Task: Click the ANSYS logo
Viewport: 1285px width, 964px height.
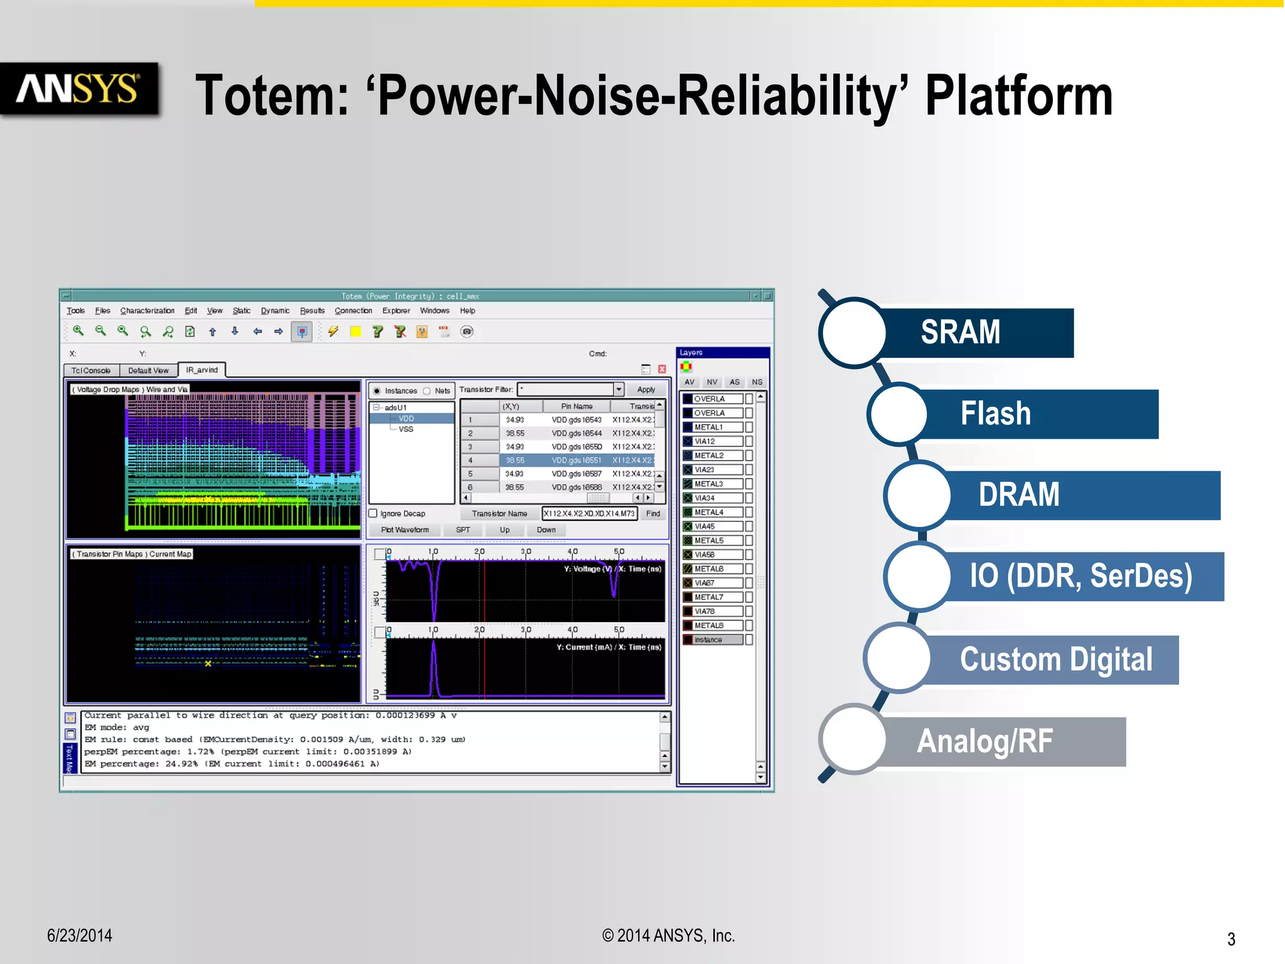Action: tap(78, 88)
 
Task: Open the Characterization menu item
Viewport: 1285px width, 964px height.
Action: tap(147, 311)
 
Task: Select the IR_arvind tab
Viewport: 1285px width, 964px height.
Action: tap(201, 370)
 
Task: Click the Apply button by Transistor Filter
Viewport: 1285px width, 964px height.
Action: tap(646, 390)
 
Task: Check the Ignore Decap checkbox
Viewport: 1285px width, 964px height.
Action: tap(373, 513)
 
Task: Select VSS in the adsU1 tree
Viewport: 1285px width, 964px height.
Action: tap(406, 429)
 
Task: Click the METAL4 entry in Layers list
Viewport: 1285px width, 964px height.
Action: tap(709, 512)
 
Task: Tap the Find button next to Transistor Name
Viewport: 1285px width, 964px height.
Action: tap(653, 513)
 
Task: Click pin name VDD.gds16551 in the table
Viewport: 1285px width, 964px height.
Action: tap(576, 460)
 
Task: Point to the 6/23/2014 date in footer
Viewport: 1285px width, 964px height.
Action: tap(80, 936)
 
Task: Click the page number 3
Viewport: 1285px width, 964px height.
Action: tap(1231, 939)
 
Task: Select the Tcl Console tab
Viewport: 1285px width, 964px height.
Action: tap(91, 370)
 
